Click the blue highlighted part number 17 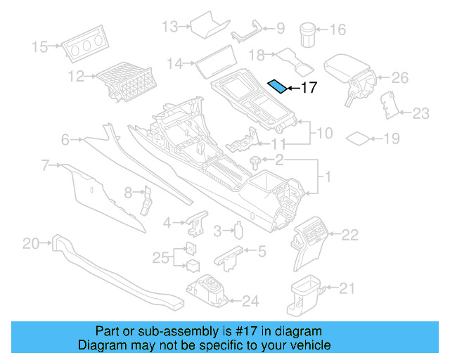click(x=279, y=86)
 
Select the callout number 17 click(x=309, y=88)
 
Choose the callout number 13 click(x=170, y=27)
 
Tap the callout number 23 click(x=420, y=112)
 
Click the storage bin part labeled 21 click(x=304, y=295)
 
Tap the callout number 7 click(x=45, y=166)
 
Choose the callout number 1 click(x=324, y=176)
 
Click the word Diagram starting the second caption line click(x=99, y=346)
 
